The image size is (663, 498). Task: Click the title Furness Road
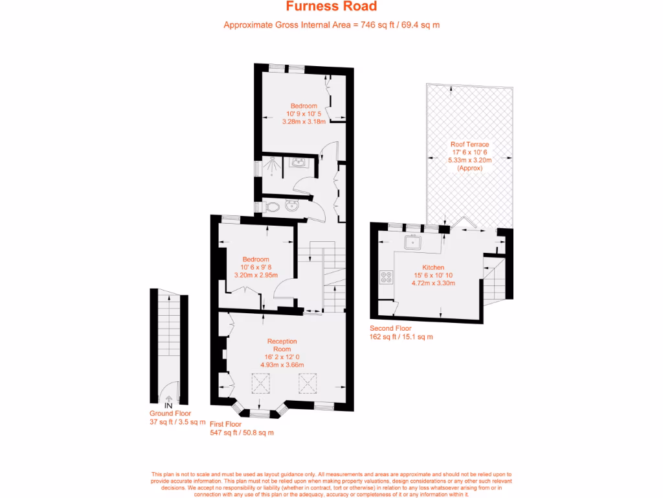pos(331,7)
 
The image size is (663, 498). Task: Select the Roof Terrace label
pos(469,145)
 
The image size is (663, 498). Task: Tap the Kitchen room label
pos(433,267)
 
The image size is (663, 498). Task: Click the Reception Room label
pos(282,345)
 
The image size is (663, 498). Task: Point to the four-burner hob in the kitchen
pos(387,277)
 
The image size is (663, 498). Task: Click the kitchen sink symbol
pos(412,243)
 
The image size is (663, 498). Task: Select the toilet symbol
pos(273,207)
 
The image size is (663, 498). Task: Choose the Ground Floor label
pos(170,414)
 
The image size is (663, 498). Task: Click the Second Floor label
pos(390,328)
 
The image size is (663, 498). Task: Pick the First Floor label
pos(226,424)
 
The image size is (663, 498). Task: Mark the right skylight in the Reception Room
pos(306,385)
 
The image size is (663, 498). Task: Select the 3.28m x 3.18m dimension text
pos(304,121)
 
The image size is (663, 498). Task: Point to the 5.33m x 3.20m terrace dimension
pos(469,160)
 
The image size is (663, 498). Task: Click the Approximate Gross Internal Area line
pos(331,25)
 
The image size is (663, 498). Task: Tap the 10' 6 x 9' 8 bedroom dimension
pos(256,267)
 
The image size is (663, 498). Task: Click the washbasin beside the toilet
pos(291,206)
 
